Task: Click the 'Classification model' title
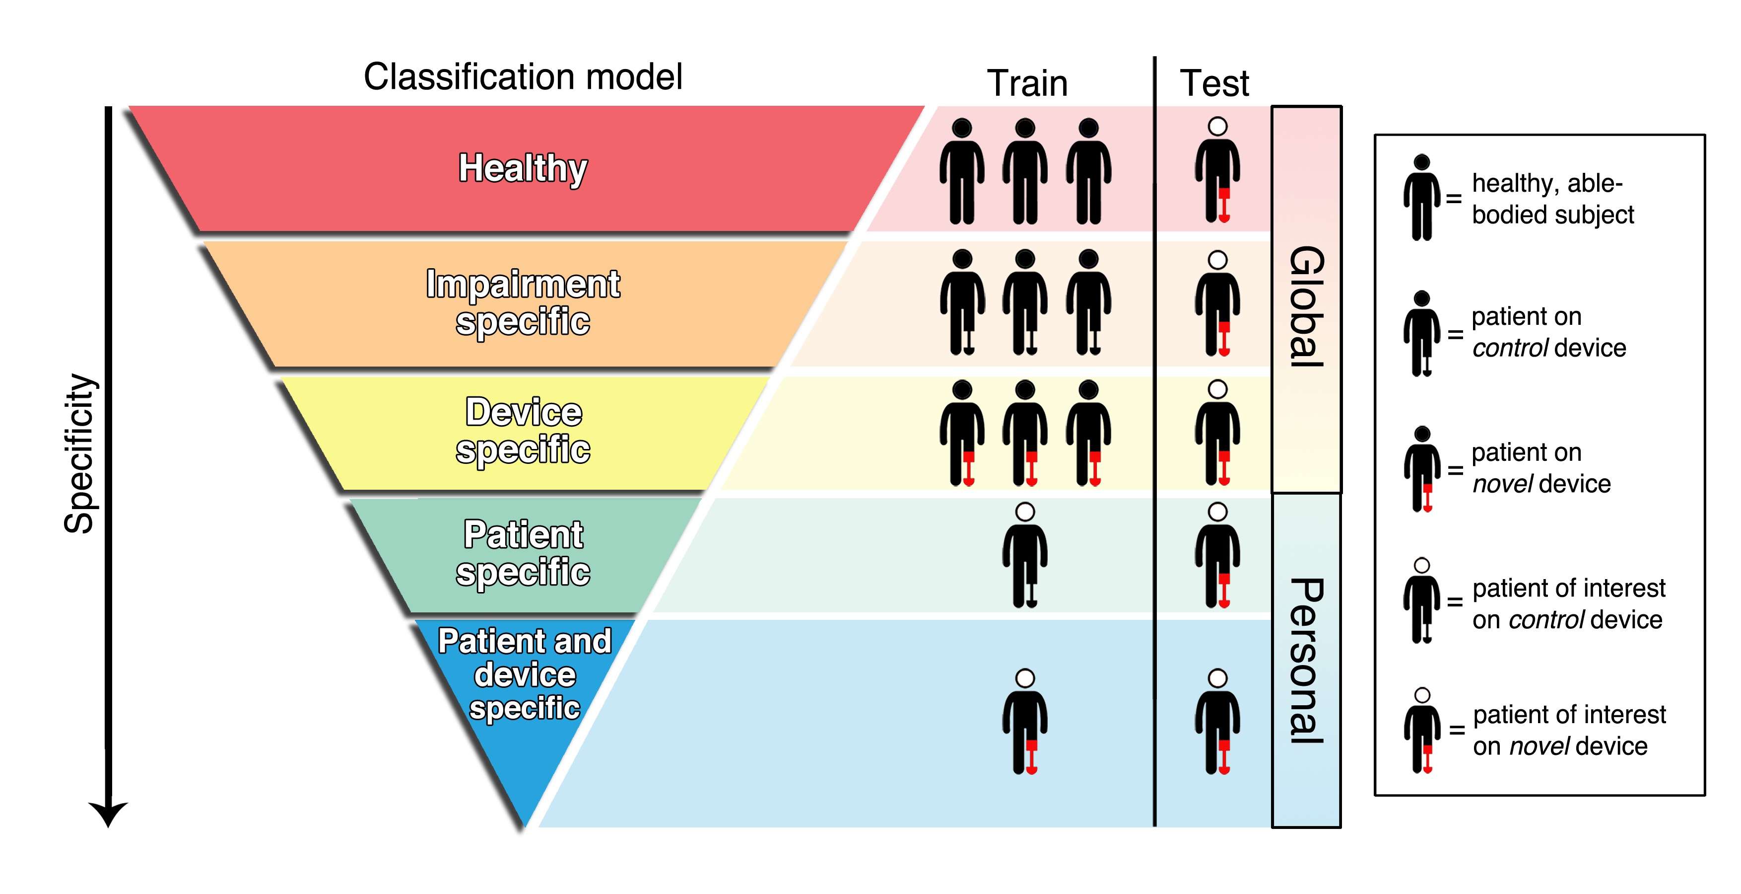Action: [x=523, y=76]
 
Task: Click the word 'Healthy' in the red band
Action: [x=523, y=168]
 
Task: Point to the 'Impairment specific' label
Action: [x=523, y=302]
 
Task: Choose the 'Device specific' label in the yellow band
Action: [x=523, y=431]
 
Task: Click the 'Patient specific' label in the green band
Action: [x=523, y=553]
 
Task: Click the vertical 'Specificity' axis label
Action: [x=80, y=453]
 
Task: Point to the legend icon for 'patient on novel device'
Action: [x=1421, y=469]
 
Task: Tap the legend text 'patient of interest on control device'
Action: [x=1568, y=604]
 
